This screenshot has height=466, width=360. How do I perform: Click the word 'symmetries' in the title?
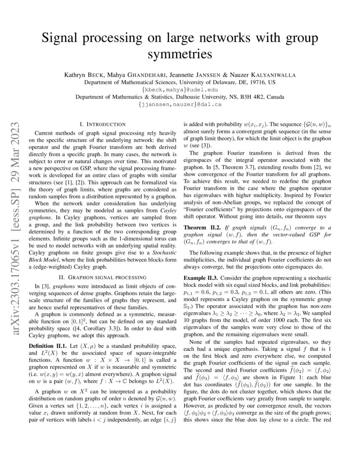click(180, 54)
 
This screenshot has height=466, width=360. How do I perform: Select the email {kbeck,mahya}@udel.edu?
click(180, 89)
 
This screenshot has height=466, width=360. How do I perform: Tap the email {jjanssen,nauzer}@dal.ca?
click(180, 104)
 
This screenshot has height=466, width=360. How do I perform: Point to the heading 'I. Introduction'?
click(102, 124)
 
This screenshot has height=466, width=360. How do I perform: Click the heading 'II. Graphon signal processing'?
click(102, 277)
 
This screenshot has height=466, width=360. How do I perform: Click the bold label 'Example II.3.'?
click(201, 278)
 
